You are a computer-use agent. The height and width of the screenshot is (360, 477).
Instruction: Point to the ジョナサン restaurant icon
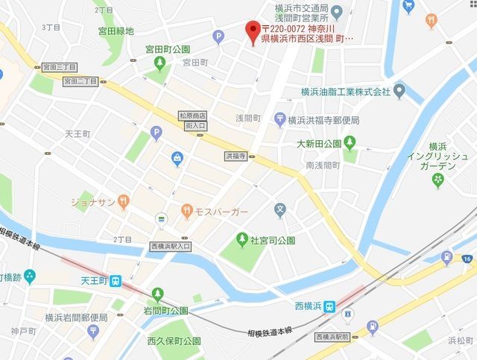pyautogui.click(x=124, y=200)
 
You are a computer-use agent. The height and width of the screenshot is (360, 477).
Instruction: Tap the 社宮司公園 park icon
pyautogui.click(x=241, y=240)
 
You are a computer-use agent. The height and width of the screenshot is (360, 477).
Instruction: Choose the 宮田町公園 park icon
pyautogui.click(x=159, y=64)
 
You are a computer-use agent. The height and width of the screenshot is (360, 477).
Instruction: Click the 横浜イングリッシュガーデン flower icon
pyautogui.click(x=437, y=180)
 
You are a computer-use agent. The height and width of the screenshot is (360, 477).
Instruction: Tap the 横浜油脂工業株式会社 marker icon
pyautogui.click(x=399, y=92)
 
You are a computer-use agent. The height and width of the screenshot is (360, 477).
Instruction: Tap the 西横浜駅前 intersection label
pyautogui.click(x=332, y=336)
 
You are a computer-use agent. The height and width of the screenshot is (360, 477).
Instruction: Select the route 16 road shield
pyautogui.click(x=467, y=259)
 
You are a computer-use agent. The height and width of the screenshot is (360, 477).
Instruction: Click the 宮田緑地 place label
pyautogui.click(x=116, y=31)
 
